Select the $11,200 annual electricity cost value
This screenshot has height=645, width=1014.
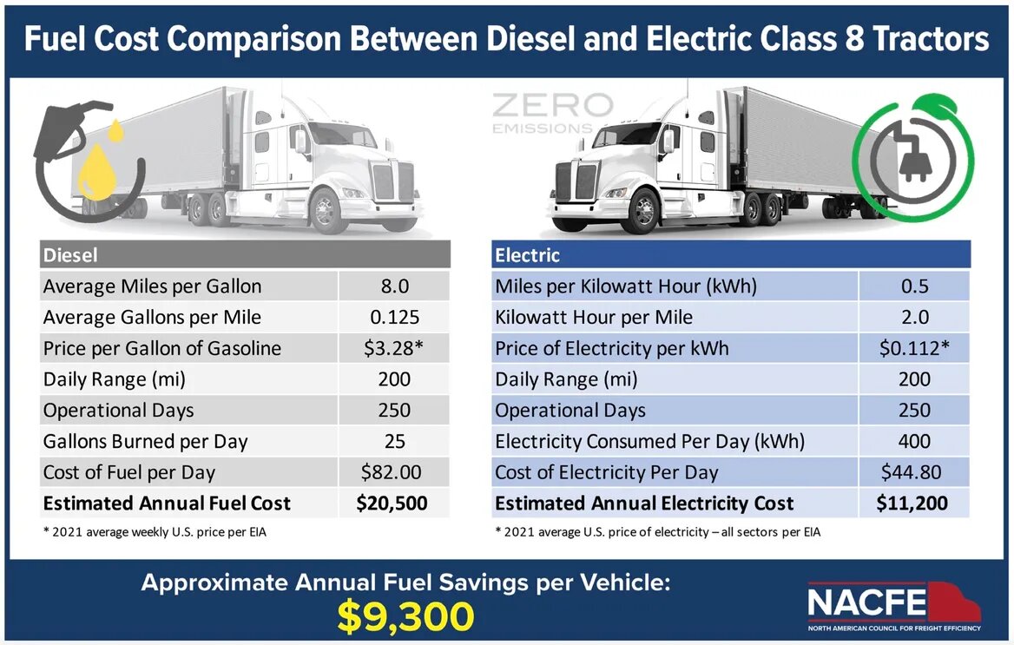914,503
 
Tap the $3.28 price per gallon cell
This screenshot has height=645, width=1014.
394,349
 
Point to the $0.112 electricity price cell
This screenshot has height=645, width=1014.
914,349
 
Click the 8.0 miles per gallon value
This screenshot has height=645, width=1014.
394,286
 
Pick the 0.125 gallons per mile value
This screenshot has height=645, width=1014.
394,318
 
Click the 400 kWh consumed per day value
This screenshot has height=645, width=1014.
914,441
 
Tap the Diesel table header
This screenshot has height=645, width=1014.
71,255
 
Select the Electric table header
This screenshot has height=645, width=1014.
527,255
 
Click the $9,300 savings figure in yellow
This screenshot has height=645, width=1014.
406,615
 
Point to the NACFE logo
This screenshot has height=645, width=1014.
893,603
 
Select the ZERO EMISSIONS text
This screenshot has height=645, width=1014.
551,114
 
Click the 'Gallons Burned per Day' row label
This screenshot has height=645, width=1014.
146,441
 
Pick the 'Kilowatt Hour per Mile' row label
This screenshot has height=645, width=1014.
594,318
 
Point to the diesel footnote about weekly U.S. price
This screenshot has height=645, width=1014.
155,531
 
